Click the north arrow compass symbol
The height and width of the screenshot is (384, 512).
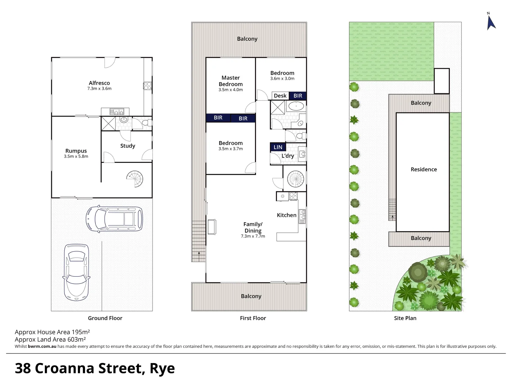pyautogui.click(x=491, y=22)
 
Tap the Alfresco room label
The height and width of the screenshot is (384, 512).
pyautogui.click(x=99, y=83)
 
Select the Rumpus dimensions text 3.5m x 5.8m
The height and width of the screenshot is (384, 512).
pyautogui.click(x=76, y=156)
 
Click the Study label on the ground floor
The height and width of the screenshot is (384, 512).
pyautogui.click(x=128, y=146)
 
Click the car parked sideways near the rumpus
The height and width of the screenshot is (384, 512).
pyautogui.click(x=114, y=219)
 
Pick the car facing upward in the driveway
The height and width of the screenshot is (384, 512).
pyautogui.click(x=76, y=272)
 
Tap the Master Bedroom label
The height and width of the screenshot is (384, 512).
pyautogui.click(x=231, y=81)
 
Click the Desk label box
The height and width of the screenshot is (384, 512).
pyautogui.click(x=280, y=96)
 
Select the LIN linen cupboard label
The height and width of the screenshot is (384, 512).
pyautogui.click(x=278, y=147)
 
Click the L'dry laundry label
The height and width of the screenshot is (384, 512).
pyautogui.click(x=288, y=156)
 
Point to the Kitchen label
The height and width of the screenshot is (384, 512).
pyautogui.click(x=287, y=215)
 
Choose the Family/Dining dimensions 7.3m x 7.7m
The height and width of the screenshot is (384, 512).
pyautogui.click(x=253, y=236)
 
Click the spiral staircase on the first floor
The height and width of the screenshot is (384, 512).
pyautogui.click(x=295, y=179)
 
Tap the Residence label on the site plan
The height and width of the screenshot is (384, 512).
pyautogui.click(x=423, y=169)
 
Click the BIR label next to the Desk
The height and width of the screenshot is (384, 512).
pyautogui.click(x=298, y=96)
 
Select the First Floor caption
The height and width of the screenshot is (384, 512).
pyautogui.click(x=253, y=318)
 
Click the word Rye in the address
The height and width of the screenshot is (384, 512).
pyautogui.click(x=162, y=369)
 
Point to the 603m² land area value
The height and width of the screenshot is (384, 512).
pyautogui.click(x=76, y=340)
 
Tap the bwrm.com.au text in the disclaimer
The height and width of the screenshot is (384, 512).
pyautogui.click(x=42, y=346)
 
